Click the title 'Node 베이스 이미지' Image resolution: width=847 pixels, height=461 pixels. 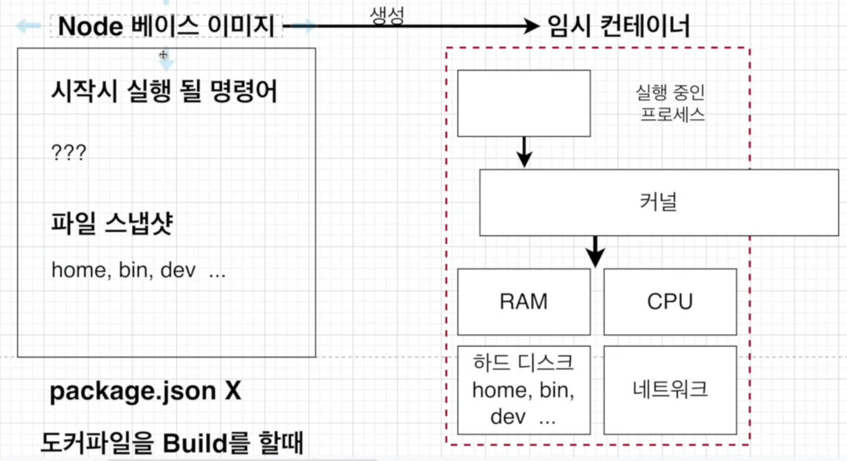coord(166,26)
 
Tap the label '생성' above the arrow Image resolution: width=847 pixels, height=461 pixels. coord(387,14)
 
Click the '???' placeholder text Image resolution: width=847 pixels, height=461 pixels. coord(69,153)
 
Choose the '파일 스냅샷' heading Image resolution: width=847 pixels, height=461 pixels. coord(112,223)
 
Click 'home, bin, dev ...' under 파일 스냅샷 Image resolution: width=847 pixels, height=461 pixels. coord(139,270)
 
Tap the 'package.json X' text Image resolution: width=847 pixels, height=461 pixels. coord(145,392)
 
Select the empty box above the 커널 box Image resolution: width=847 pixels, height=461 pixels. coord(523,103)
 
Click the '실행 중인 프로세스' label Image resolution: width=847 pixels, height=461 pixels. coord(671,103)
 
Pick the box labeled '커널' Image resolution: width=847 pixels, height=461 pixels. coord(659,203)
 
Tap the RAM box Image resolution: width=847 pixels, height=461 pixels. coord(523,302)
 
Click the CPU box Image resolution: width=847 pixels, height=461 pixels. coord(670,302)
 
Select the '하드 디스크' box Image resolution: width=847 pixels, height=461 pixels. coord(523,390)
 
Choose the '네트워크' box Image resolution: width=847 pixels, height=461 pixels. coord(670,390)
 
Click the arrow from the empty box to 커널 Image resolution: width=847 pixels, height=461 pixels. coord(525,152)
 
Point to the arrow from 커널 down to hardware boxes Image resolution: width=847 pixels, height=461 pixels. coord(595,252)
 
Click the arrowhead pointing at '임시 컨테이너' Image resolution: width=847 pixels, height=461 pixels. coord(531,26)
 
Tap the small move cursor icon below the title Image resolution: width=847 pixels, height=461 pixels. coord(163,54)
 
